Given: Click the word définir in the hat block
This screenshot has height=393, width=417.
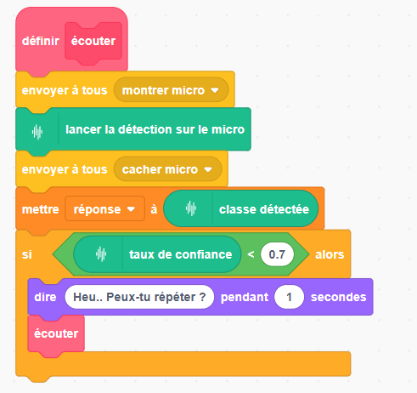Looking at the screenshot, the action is coord(41,41).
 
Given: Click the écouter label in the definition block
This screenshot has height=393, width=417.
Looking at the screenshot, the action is coord(93,41).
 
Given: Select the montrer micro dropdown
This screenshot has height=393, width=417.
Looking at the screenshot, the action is coord(171,90).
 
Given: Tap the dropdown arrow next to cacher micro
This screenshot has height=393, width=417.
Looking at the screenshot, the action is coord(208,169).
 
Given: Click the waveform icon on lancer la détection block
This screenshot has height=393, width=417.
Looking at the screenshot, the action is coord(37,132).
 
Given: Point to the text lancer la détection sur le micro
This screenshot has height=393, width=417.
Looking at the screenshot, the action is coord(155,129).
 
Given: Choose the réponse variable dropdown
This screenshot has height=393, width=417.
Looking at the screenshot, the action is coord(104,209).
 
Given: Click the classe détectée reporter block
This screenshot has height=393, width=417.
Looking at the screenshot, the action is coord(241,209).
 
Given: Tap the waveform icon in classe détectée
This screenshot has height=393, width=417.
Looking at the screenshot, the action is coord(191,208).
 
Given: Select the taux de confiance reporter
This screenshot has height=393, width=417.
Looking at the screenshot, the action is coord(157,254).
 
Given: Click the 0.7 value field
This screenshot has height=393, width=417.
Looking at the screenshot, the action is coord(277,254).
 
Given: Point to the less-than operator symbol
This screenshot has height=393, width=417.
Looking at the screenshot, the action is coord(251,254).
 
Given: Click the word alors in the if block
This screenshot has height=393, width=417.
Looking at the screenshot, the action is coord(330,254).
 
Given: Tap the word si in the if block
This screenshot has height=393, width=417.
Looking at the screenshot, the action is coord(27,254).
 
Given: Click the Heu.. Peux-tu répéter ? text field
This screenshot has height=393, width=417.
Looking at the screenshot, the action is coord(139,297).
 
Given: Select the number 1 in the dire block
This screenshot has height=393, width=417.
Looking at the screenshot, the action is coord(289,297).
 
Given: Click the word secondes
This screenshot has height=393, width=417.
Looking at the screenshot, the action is coord(339,297).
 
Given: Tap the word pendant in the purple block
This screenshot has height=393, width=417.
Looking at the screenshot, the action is coord(245,297).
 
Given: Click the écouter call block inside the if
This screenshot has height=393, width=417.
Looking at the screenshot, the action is coord(56,333).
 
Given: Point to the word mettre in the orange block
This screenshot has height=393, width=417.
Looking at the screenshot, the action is coord(41,209).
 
